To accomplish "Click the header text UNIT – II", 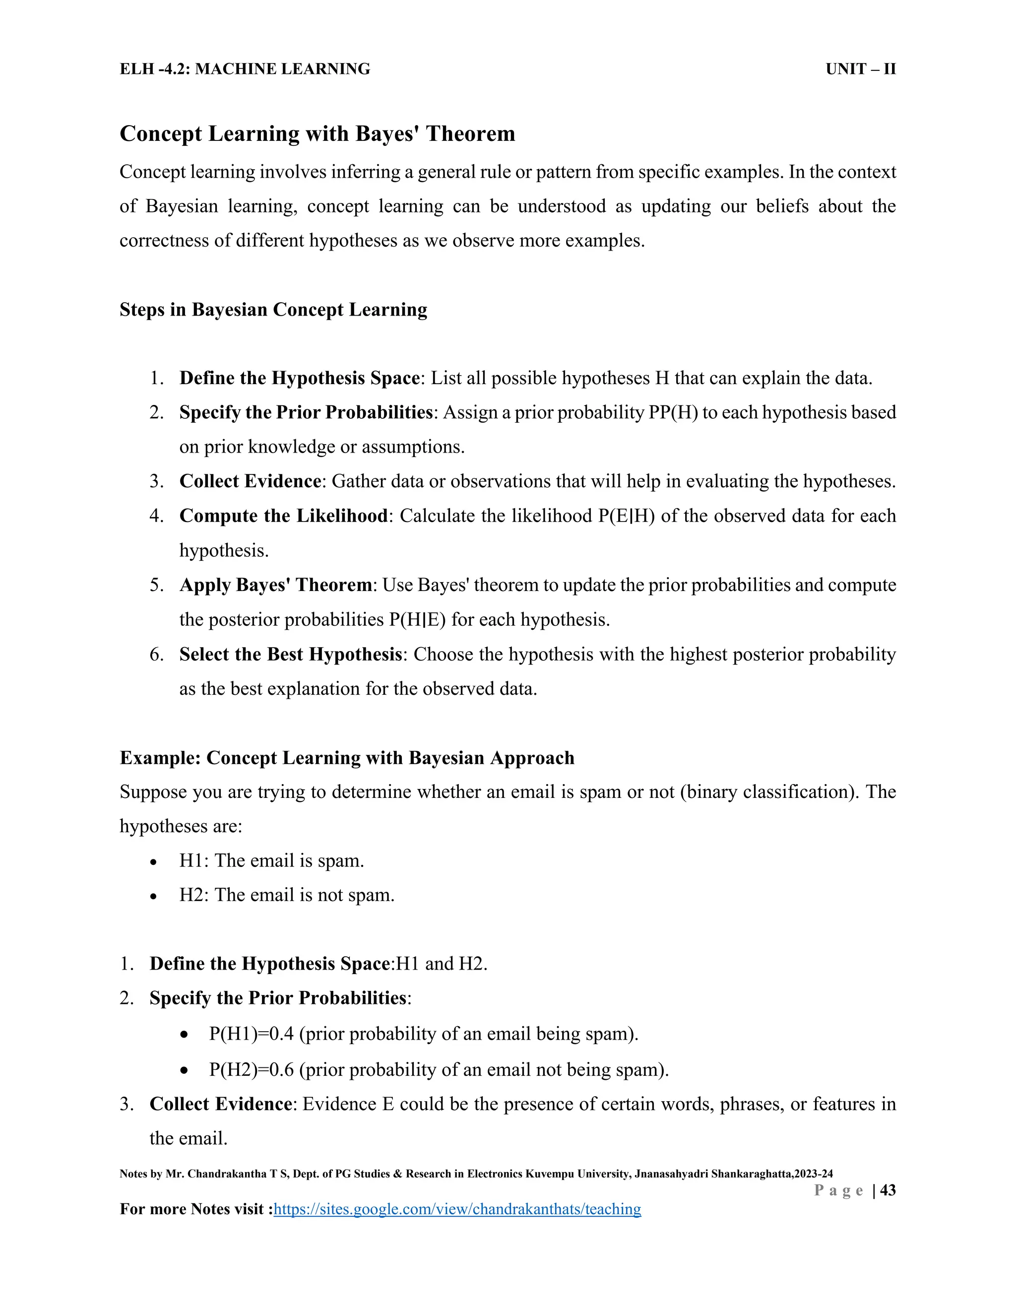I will pos(860,69).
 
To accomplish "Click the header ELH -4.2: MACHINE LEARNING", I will pos(245,69).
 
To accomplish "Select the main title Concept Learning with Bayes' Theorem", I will pos(317,133).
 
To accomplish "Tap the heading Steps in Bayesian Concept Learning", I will pos(273,310).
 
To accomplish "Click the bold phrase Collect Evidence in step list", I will pos(250,481).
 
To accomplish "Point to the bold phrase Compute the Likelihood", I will pos(283,516).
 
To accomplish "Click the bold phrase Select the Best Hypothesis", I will pos(291,655).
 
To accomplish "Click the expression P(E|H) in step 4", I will pos(626,516).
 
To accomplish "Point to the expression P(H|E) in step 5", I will pos(417,620).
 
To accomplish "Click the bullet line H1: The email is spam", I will pos(271,860).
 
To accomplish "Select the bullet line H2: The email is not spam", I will pos(287,895).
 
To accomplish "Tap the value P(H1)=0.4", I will pos(252,1034).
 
